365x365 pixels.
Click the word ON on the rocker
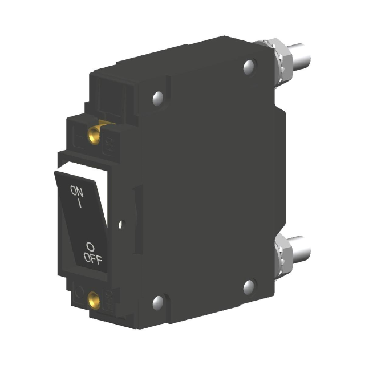(x=76, y=192)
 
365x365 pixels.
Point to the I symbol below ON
(x=80, y=203)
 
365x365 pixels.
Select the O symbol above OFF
(x=90, y=246)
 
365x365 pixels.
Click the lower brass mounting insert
(x=95, y=298)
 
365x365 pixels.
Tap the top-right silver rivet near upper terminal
(x=249, y=67)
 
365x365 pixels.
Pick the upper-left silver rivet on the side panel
(x=157, y=99)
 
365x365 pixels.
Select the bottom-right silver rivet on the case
(x=249, y=286)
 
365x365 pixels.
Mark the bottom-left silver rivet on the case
(x=157, y=301)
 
